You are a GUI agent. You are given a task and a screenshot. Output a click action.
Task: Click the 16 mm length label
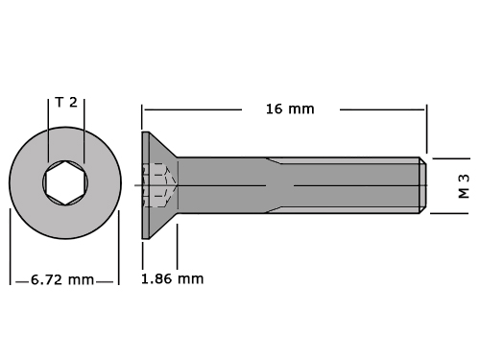pyautogui.click(x=290, y=109)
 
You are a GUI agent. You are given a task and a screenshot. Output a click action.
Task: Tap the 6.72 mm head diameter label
pyautogui.click(x=62, y=279)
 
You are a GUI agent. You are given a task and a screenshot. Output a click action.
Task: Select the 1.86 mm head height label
pyautogui.click(x=173, y=279)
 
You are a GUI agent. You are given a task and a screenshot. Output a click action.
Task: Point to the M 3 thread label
pyautogui.click(x=464, y=186)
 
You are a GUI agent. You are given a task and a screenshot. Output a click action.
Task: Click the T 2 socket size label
pyautogui.click(x=66, y=103)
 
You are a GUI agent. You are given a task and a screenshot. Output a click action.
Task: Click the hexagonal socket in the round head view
pyautogui.click(x=65, y=182)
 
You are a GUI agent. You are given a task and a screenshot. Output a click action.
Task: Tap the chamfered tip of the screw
pyautogui.click(x=422, y=185)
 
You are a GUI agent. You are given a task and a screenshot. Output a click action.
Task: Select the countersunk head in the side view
pyautogui.click(x=159, y=185)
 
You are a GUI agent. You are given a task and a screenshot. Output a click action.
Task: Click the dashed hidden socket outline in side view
pyautogui.click(x=159, y=185)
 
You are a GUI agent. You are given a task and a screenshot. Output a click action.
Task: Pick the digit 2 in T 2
pyautogui.click(x=73, y=103)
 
